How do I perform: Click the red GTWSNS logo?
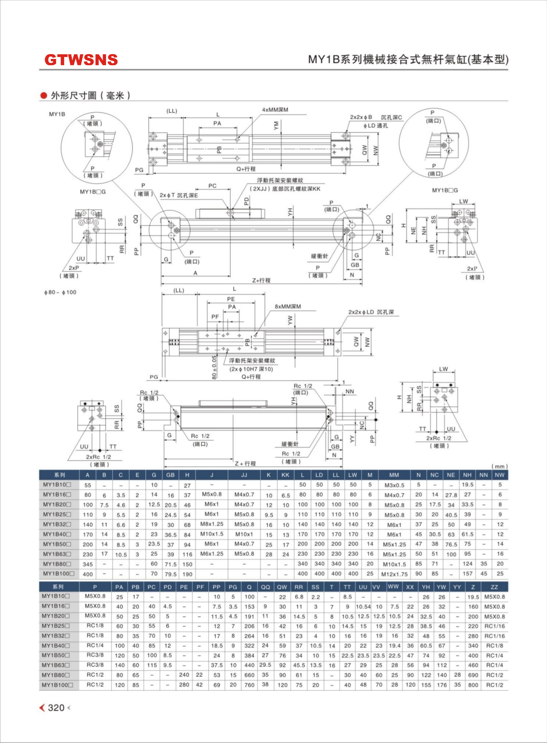[x=81, y=60]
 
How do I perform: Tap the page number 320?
[x=56, y=708]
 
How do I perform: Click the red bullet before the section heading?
[x=43, y=96]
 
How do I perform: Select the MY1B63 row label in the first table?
[x=57, y=554]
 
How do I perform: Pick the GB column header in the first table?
[x=170, y=475]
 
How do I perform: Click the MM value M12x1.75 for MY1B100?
[x=394, y=574]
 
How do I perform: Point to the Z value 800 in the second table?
[x=473, y=685]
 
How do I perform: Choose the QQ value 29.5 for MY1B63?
[x=265, y=665]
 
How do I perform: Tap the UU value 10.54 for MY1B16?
[x=363, y=607]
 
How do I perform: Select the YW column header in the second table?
[x=441, y=587]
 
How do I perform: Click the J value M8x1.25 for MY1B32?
[x=212, y=524]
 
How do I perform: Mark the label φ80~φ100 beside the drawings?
[x=60, y=292]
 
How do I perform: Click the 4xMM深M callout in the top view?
[x=275, y=110]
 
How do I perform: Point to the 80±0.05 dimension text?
[x=214, y=367]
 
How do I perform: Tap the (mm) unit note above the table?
[x=499, y=466]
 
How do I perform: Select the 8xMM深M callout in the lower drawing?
[x=288, y=306]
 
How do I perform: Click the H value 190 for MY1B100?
[x=187, y=574]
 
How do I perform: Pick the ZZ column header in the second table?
[x=494, y=587]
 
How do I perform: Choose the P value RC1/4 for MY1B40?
[x=95, y=645]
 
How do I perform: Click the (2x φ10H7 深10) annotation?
[x=251, y=369]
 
